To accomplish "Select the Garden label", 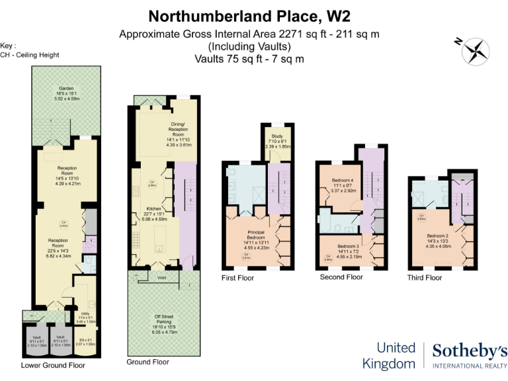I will point(65,89).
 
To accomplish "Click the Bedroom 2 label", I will point(437,236).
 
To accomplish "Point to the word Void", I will point(162,278).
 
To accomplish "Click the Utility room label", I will point(85,314).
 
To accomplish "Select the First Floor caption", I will point(237,278).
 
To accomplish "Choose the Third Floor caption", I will point(424,278).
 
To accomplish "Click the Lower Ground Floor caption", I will point(53,365).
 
